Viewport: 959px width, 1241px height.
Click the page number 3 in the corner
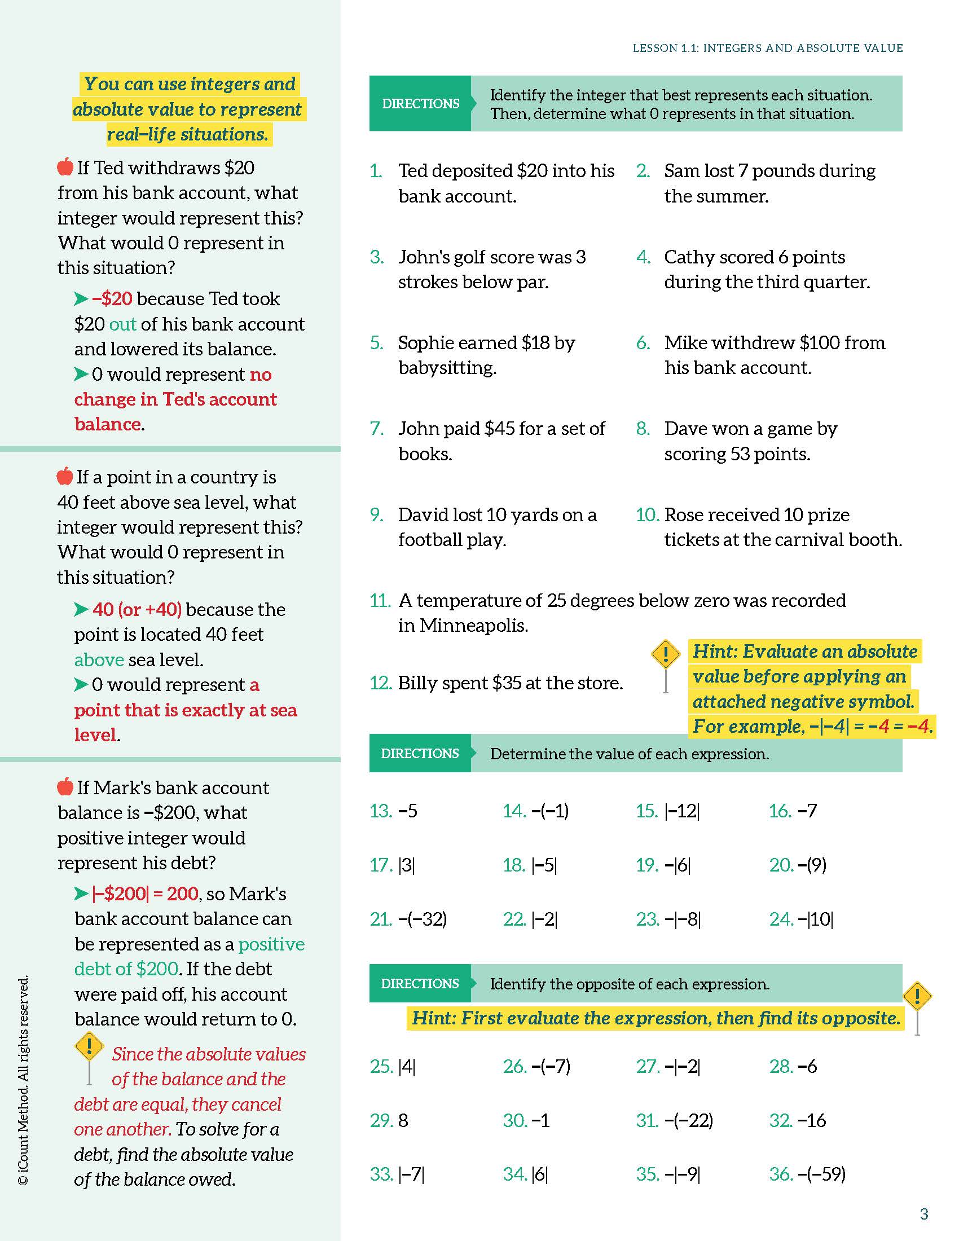[924, 1214]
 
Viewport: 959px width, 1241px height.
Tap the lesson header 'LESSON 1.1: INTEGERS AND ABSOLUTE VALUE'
[768, 49]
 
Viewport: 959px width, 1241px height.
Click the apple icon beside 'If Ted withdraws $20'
[65, 167]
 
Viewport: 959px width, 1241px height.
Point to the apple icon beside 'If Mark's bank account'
[65, 786]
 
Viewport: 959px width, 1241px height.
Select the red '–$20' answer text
[112, 299]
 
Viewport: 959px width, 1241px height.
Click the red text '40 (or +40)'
[137, 609]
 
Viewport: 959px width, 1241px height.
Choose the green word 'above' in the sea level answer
[99, 660]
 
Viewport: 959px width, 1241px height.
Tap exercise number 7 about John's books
[377, 429]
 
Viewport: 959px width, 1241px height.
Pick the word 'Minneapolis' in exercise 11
[463, 626]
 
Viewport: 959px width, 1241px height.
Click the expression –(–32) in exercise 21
[423, 919]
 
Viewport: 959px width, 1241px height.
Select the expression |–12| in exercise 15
[682, 811]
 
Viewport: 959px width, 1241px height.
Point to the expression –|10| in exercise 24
[815, 919]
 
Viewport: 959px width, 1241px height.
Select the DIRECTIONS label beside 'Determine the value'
[420, 754]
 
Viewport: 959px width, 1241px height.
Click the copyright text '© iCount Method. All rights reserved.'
[23, 1080]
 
